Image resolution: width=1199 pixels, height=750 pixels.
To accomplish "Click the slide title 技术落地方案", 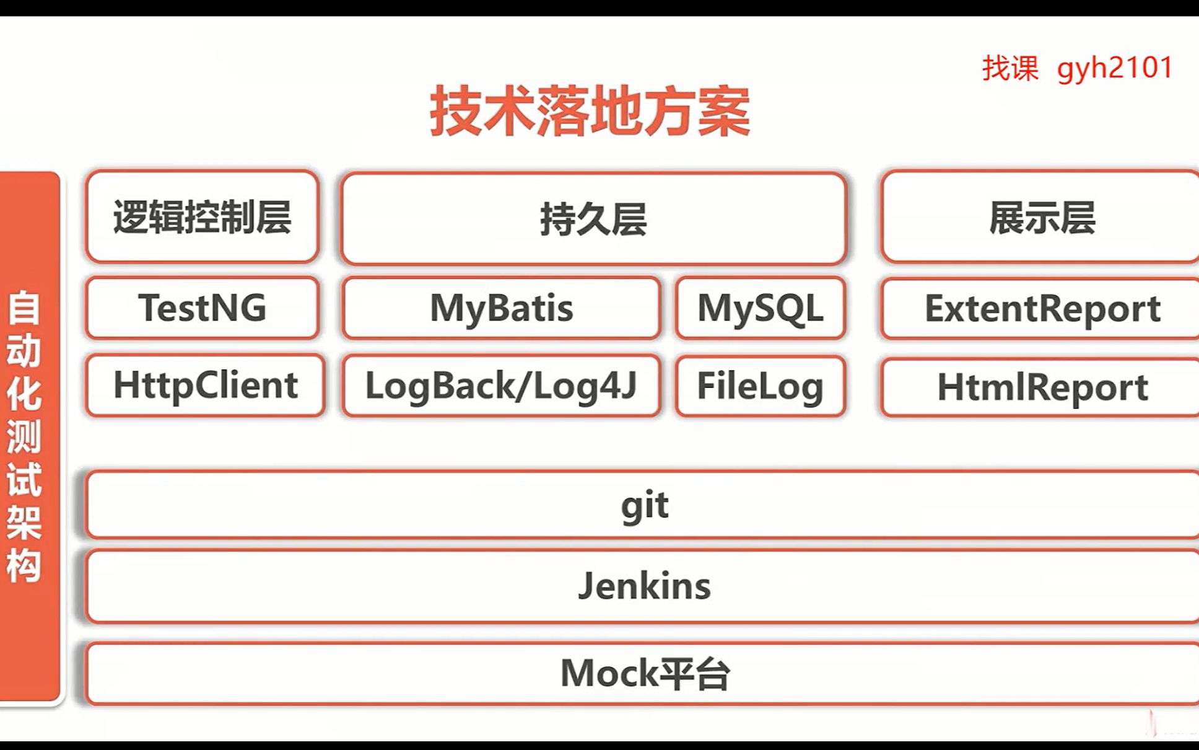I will [590, 112].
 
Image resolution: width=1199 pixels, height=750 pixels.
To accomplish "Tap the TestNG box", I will [203, 308].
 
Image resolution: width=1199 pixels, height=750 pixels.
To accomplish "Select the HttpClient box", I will [205, 385].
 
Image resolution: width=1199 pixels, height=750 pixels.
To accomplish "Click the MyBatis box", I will [501, 308].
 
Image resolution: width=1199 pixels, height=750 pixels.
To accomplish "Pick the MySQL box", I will [761, 308].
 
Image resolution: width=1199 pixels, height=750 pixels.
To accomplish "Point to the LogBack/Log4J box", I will [501, 386].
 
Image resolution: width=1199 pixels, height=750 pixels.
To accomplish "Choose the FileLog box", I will [761, 386].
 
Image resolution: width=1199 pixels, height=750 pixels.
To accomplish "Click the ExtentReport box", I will [1042, 308].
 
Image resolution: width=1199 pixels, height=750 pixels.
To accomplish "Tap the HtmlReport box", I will [1042, 387].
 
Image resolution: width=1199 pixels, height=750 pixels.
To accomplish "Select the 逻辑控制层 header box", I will [203, 217].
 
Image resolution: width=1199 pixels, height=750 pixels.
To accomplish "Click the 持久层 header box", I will [593, 219].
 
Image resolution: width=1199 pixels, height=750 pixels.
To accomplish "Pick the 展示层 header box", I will [1042, 217].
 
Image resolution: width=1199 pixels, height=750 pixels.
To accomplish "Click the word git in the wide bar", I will [644, 505].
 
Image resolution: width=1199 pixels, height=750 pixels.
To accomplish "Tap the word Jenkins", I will [644, 586].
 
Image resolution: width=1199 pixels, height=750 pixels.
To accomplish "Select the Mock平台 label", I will [644, 674].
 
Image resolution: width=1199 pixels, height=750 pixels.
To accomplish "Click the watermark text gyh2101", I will [1115, 68].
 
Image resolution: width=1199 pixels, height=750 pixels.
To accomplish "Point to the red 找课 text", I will [1010, 68].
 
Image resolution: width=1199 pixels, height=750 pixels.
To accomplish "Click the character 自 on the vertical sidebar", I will [24, 308].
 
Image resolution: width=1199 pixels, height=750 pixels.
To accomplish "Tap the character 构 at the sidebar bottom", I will [24, 565].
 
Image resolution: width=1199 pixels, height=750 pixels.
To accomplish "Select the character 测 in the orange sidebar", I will [24, 436].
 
